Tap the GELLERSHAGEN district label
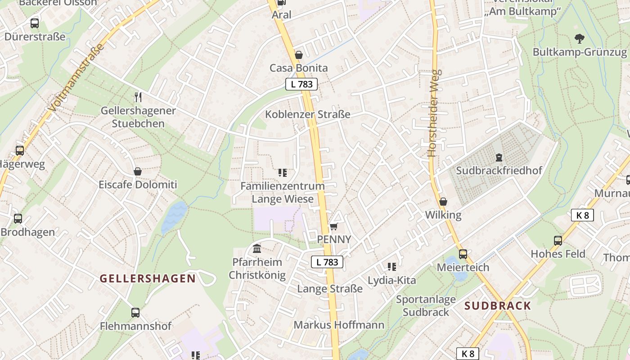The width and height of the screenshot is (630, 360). tap(148, 279)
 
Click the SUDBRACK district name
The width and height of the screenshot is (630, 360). tap(498, 306)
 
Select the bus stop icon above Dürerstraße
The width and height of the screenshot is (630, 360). tap(35, 23)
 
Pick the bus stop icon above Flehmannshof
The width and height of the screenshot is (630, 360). tap(135, 312)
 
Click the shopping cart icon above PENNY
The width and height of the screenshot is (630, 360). tap(333, 226)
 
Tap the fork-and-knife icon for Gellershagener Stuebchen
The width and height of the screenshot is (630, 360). tap(138, 97)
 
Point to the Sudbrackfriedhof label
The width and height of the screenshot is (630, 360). tap(499, 171)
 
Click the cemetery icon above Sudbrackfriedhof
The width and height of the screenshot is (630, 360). tap(499, 157)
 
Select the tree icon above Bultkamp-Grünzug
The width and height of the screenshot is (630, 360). tap(580, 39)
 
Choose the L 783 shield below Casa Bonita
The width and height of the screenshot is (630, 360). tap(301, 84)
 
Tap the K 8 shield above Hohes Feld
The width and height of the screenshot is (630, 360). tap(582, 215)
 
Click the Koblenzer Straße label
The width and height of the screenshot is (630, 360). tap(307, 114)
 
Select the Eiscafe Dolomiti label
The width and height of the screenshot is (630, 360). tap(138, 184)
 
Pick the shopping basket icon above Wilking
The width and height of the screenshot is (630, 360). tap(443, 202)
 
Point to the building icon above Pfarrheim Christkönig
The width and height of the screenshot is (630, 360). tap(257, 248)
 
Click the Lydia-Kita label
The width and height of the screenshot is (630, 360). tap(392, 280)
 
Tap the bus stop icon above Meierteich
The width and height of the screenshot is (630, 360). tap(463, 254)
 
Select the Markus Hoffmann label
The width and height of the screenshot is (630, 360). tap(339, 325)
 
